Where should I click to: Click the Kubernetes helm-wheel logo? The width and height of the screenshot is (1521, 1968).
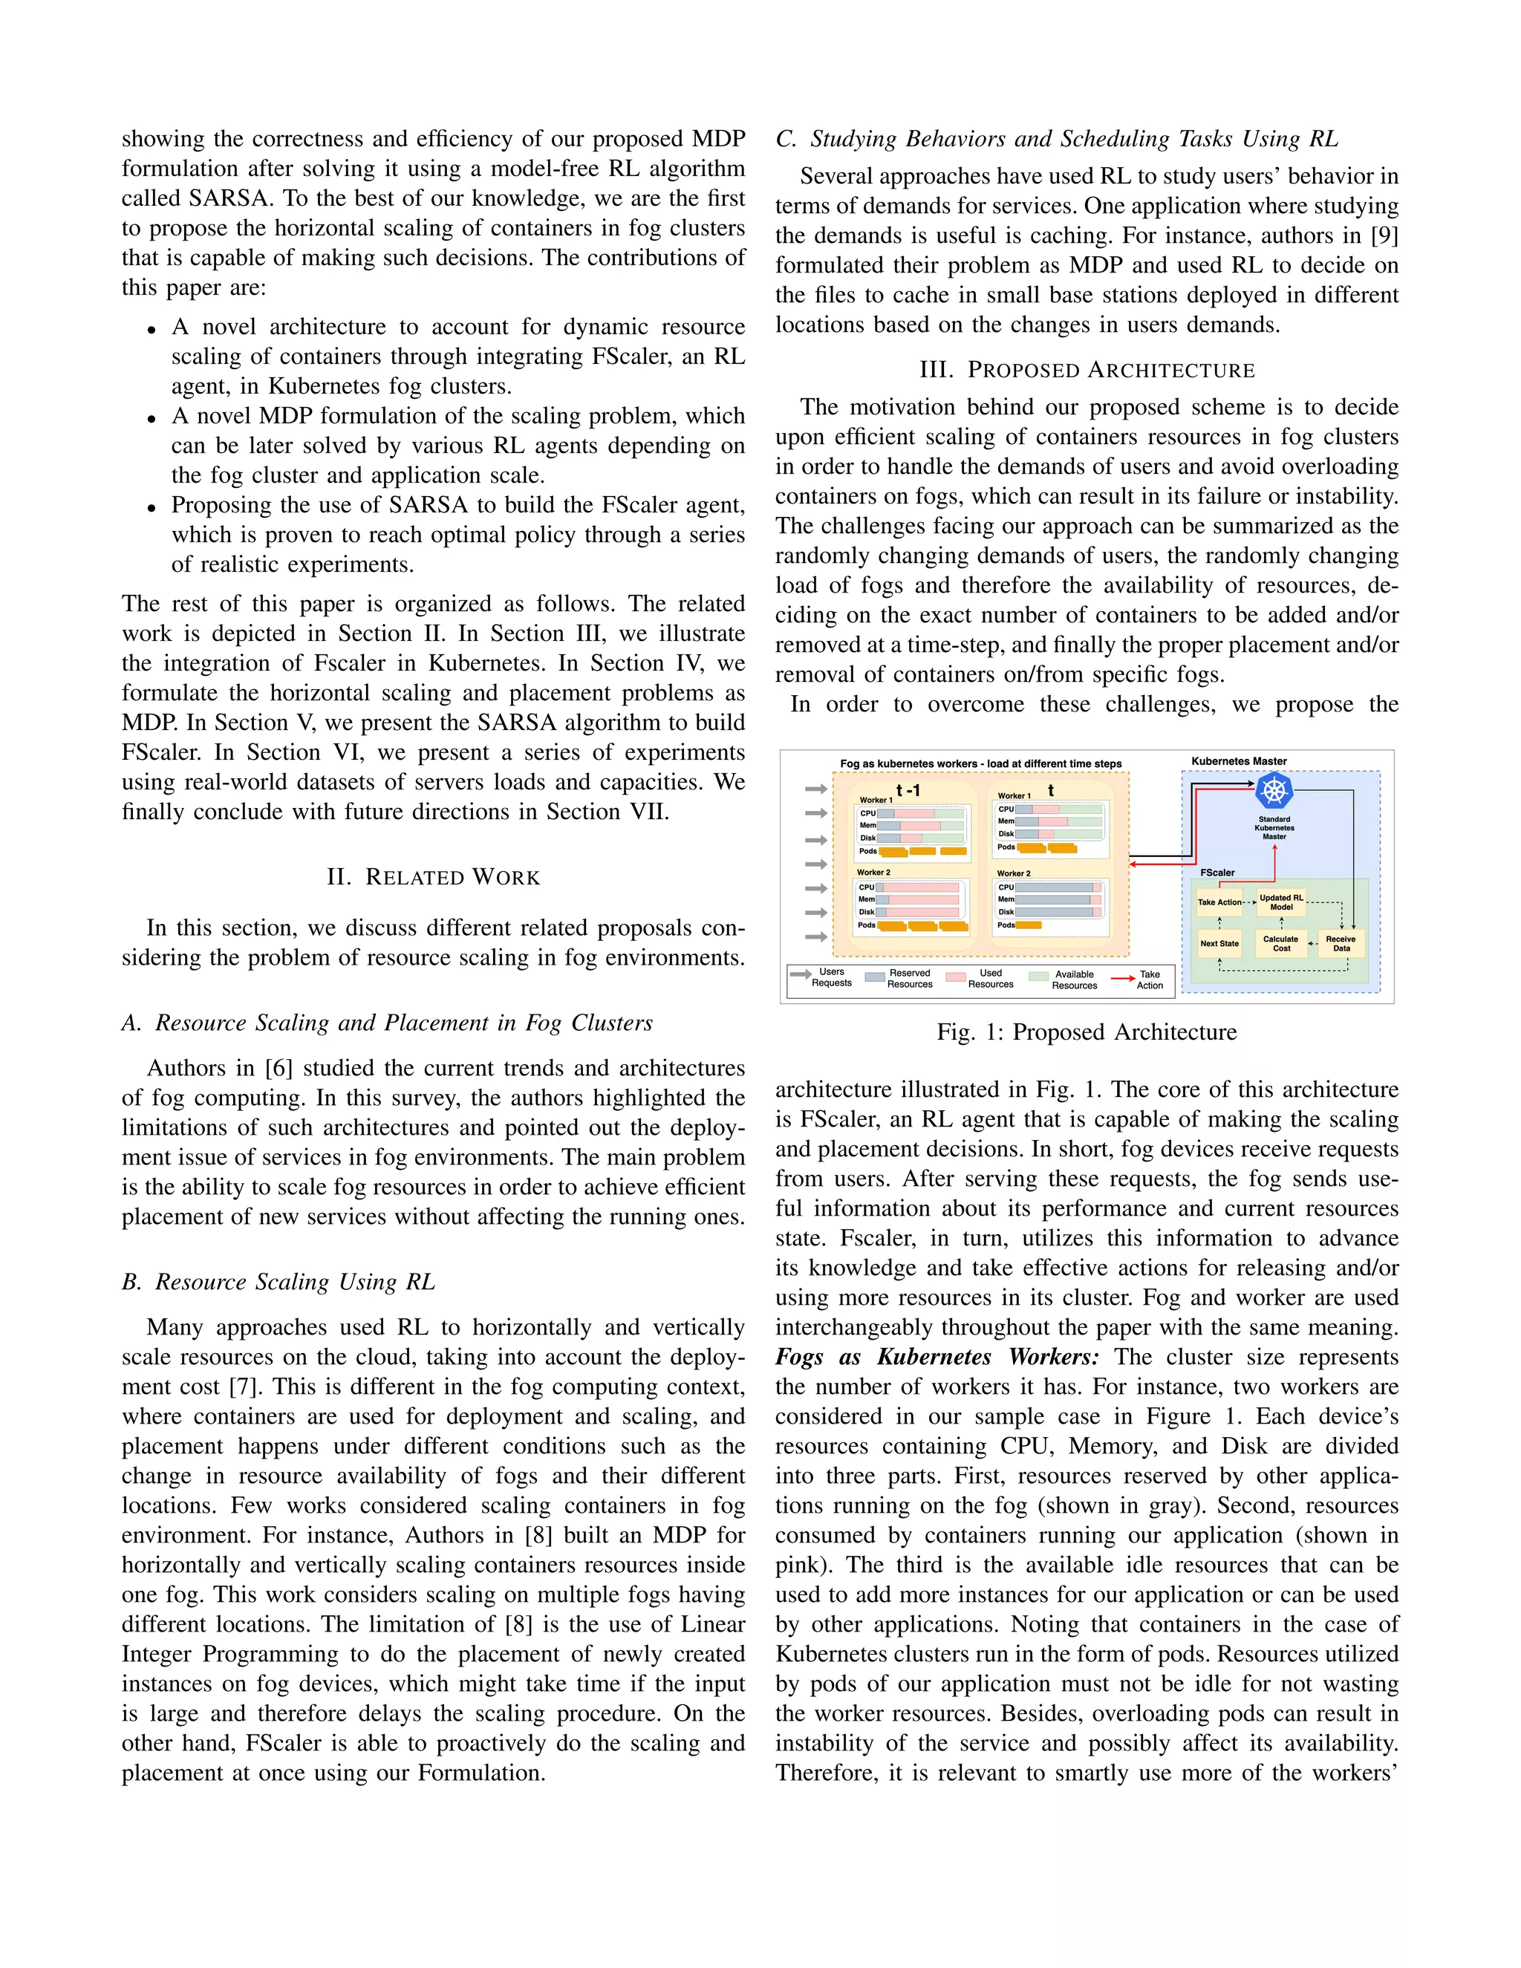tap(1273, 792)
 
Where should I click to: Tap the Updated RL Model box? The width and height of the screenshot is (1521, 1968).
tap(1280, 902)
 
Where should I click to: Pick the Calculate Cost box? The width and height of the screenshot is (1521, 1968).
tap(1280, 943)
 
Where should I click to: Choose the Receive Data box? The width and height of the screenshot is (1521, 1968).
tap(1341, 943)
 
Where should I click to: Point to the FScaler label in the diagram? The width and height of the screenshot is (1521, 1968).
tap(1217, 873)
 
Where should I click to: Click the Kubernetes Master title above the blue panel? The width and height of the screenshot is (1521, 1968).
tap(1238, 761)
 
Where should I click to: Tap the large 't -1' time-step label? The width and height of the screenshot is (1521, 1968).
tap(908, 790)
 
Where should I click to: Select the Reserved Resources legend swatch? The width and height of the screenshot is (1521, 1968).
tap(874, 977)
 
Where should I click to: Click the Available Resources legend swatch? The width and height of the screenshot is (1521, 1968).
tap(1038, 977)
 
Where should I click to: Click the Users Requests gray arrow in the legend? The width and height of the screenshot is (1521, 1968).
tap(799, 974)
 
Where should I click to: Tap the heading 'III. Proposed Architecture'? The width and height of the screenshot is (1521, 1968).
tap(1086, 371)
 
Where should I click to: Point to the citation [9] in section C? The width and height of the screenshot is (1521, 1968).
tap(1383, 236)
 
